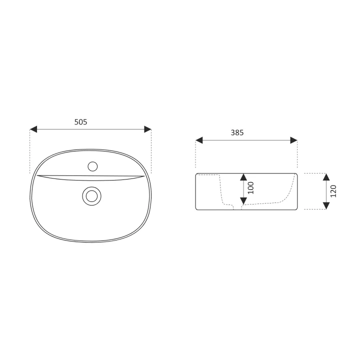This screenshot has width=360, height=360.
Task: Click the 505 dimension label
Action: tap(81, 122)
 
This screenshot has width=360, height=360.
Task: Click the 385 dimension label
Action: tap(237, 132)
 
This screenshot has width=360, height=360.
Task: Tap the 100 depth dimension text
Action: tap(251, 188)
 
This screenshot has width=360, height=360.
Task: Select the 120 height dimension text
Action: tap(333, 191)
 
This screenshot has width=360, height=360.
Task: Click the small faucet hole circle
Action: tap(93, 166)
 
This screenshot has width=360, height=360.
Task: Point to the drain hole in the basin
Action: tap(91, 196)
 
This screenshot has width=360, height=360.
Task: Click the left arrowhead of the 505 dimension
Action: tap(33, 129)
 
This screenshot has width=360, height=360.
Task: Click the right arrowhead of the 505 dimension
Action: tap(147, 129)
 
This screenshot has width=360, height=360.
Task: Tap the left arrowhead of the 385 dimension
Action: tap(199, 140)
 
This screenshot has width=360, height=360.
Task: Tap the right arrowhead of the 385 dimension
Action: tap(293, 140)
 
